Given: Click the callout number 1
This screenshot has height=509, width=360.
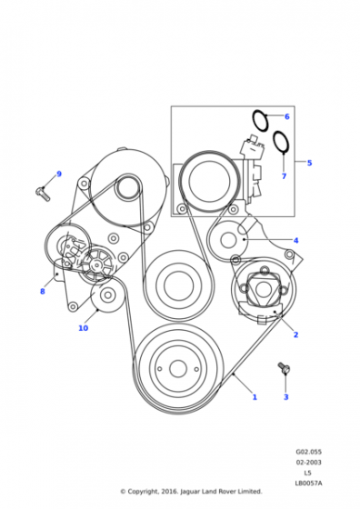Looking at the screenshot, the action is tap(255, 397).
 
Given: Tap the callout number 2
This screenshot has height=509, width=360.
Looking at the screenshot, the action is tap(295, 334).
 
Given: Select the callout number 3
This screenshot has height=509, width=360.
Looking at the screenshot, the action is tap(286, 397).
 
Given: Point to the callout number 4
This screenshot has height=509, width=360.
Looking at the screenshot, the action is tap(295, 241).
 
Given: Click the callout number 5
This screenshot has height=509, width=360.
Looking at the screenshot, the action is tap(309, 163).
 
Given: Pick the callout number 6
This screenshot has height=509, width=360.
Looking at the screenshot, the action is tap(287, 116).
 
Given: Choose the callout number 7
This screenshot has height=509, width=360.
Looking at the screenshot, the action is tap(284, 176).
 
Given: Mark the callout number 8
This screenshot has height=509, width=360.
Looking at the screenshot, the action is tap(43, 292).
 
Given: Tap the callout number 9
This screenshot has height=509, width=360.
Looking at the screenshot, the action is tap(59, 174).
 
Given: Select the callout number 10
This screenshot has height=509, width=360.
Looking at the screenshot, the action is tap(84, 328).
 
